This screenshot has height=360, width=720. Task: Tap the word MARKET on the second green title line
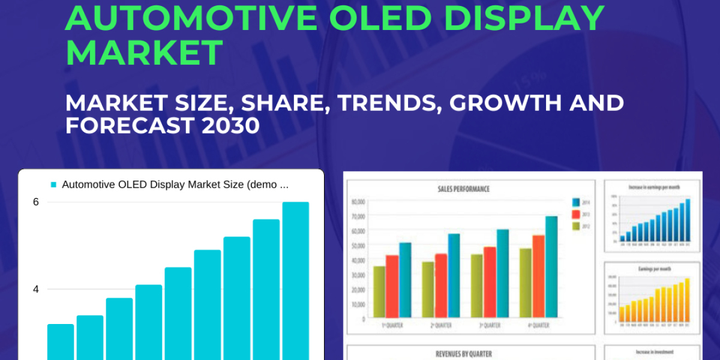pos(144,53)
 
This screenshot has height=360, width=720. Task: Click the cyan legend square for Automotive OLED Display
pos(53,185)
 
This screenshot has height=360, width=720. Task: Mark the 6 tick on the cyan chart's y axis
pos(36,202)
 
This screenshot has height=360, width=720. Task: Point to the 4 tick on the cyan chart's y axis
pos(36,289)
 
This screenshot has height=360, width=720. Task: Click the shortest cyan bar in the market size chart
pos(61,342)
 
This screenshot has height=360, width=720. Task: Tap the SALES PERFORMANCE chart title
pos(464,189)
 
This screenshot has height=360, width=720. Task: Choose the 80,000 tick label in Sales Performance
pos(359,202)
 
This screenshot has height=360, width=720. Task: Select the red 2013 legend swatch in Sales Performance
pos(576,214)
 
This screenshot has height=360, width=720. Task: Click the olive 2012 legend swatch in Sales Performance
pos(576,226)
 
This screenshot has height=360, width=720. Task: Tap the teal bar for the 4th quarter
pos(551,267)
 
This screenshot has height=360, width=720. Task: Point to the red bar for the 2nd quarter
pos(441,286)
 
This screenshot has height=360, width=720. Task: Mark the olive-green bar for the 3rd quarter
pos(476,286)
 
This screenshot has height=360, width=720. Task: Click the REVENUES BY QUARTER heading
pos(463,354)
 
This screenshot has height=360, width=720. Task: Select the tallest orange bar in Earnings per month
pos(687,300)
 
